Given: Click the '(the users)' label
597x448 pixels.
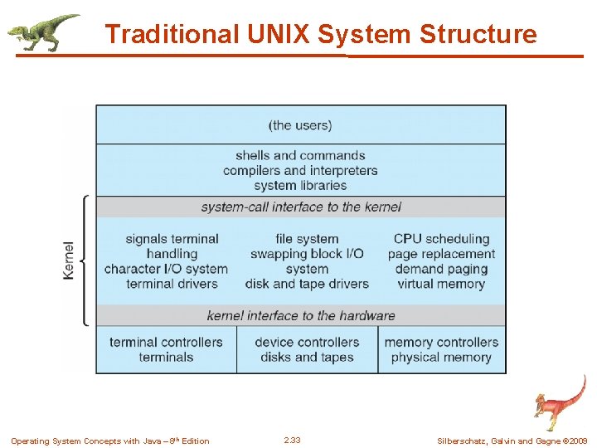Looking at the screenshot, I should [300, 125].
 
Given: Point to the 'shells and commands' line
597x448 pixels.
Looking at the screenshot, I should [300, 155].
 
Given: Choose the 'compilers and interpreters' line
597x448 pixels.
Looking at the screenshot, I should [300, 170].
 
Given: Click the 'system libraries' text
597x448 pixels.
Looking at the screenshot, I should [300, 186].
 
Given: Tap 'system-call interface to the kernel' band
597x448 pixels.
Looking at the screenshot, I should [301, 207].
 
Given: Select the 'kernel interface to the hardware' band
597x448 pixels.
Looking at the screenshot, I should [301, 315].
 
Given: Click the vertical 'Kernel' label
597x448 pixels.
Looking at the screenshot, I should [69, 260].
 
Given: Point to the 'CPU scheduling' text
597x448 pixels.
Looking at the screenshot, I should [441, 239].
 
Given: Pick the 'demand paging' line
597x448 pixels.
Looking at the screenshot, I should [441, 269].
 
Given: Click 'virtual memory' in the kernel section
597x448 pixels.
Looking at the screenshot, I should [441, 284].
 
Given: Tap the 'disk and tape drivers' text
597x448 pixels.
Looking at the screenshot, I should [307, 284].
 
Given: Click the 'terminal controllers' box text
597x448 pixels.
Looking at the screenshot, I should [166, 342].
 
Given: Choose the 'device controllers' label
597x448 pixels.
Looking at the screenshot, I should [307, 342].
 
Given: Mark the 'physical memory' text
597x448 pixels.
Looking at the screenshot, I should [441, 358].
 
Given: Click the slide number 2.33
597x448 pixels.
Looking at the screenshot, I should [292, 441].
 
